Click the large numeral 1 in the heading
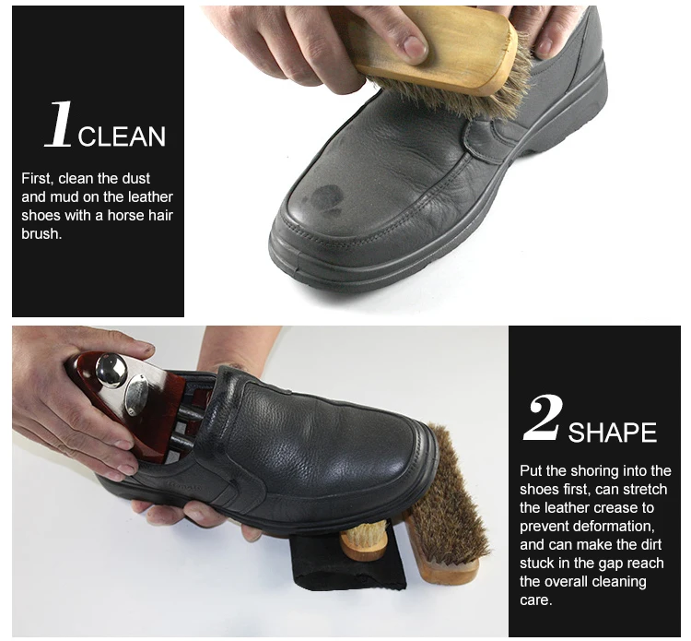point(59,124)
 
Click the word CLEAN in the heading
point(122,137)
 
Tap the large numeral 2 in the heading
point(543,417)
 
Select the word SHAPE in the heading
point(612,433)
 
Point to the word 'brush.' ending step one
point(41,233)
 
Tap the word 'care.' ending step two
point(535,600)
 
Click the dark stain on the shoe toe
point(324,196)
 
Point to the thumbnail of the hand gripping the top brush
point(414,46)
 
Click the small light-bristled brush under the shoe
point(365,540)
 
